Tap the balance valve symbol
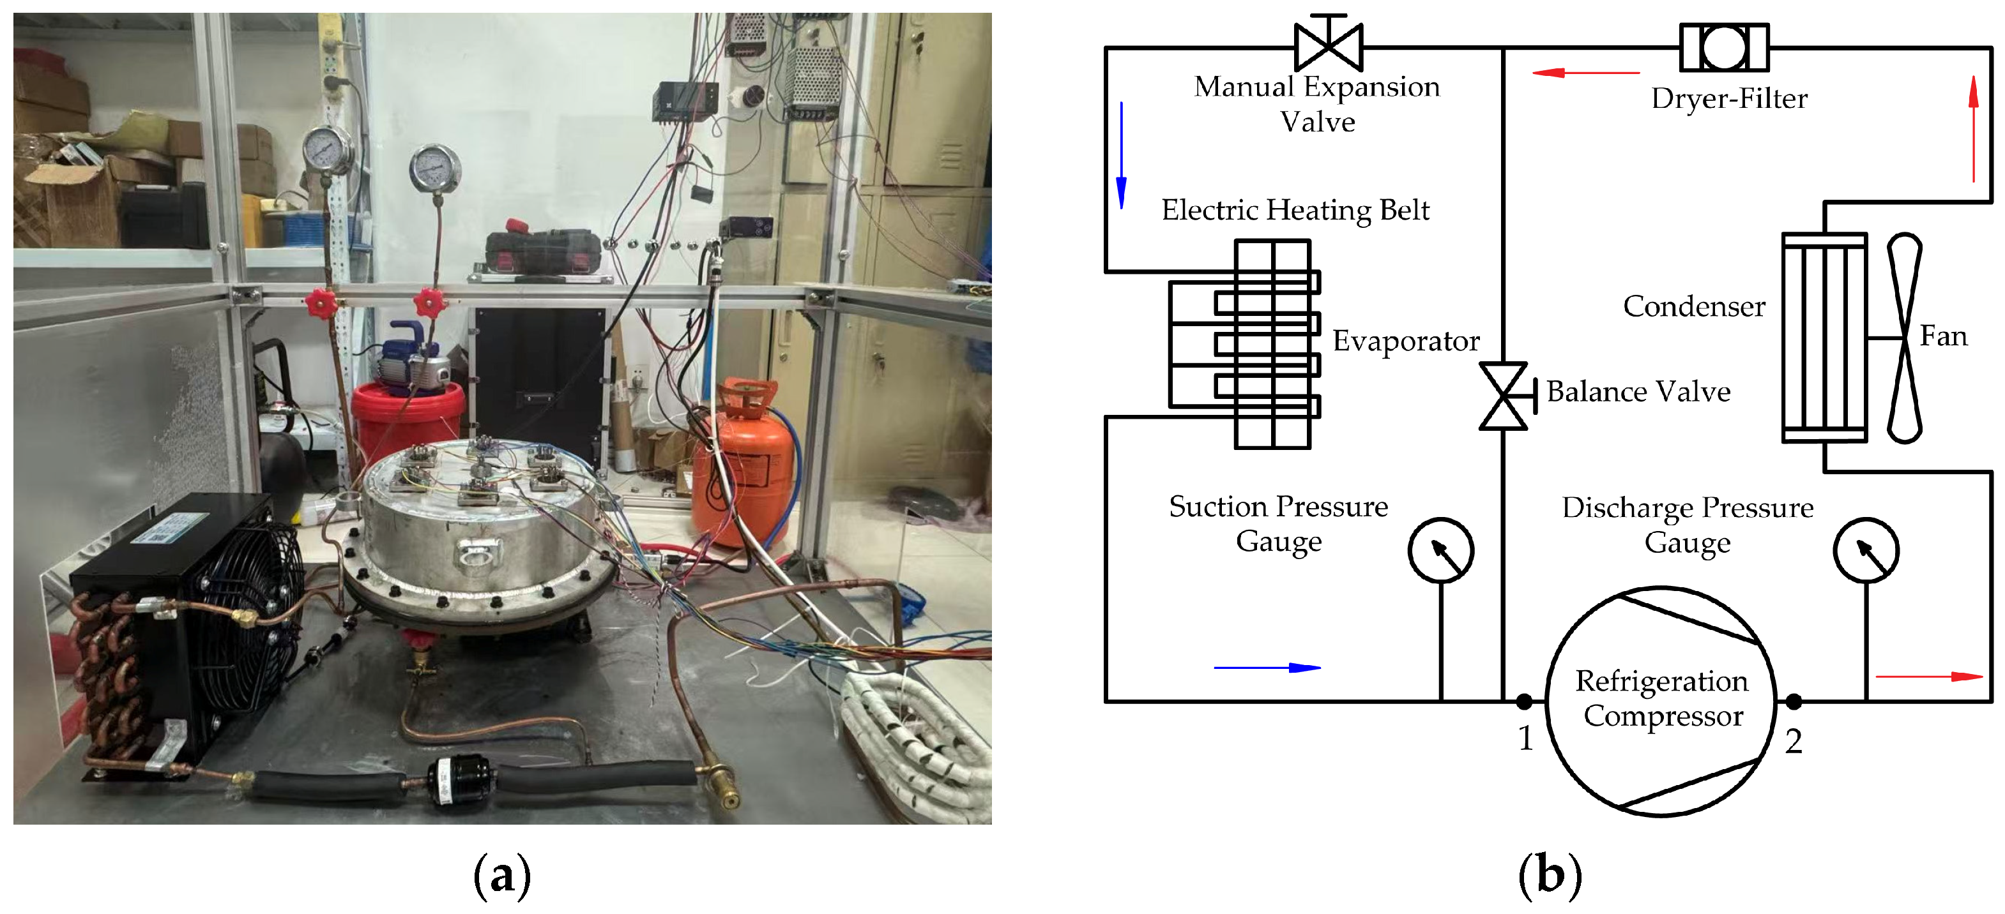pyautogui.click(x=1504, y=396)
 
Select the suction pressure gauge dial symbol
pyautogui.click(x=1441, y=551)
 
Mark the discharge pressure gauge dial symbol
pyautogui.click(x=1866, y=551)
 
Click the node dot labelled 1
pyautogui.click(x=1524, y=701)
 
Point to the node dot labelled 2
pyautogui.click(x=1794, y=701)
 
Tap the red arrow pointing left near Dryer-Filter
pyautogui.click(x=1584, y=72)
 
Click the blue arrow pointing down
pyautogui.click(x=1122, y=156)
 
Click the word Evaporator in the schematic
pyautogui.click(x=1406, y=341)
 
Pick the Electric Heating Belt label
pyautogui.click(x=1295, y=210)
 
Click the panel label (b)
pyautogui.click(x=1550, y=874)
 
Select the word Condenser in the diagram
pyautogui.click(x=1694, y=306)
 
